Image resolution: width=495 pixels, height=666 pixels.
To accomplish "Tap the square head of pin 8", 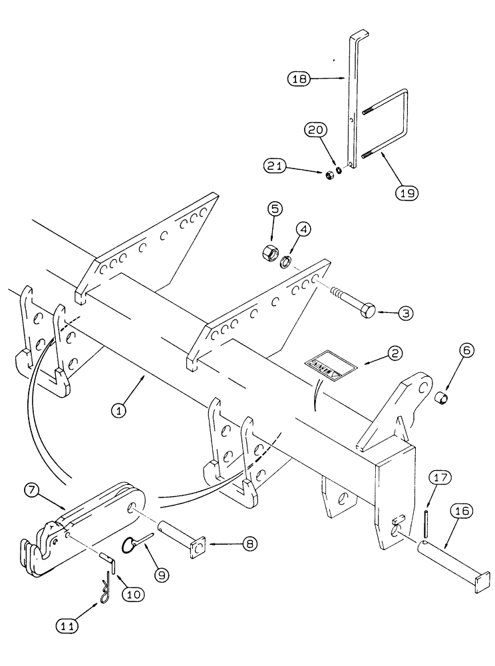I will tap(197, 548).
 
